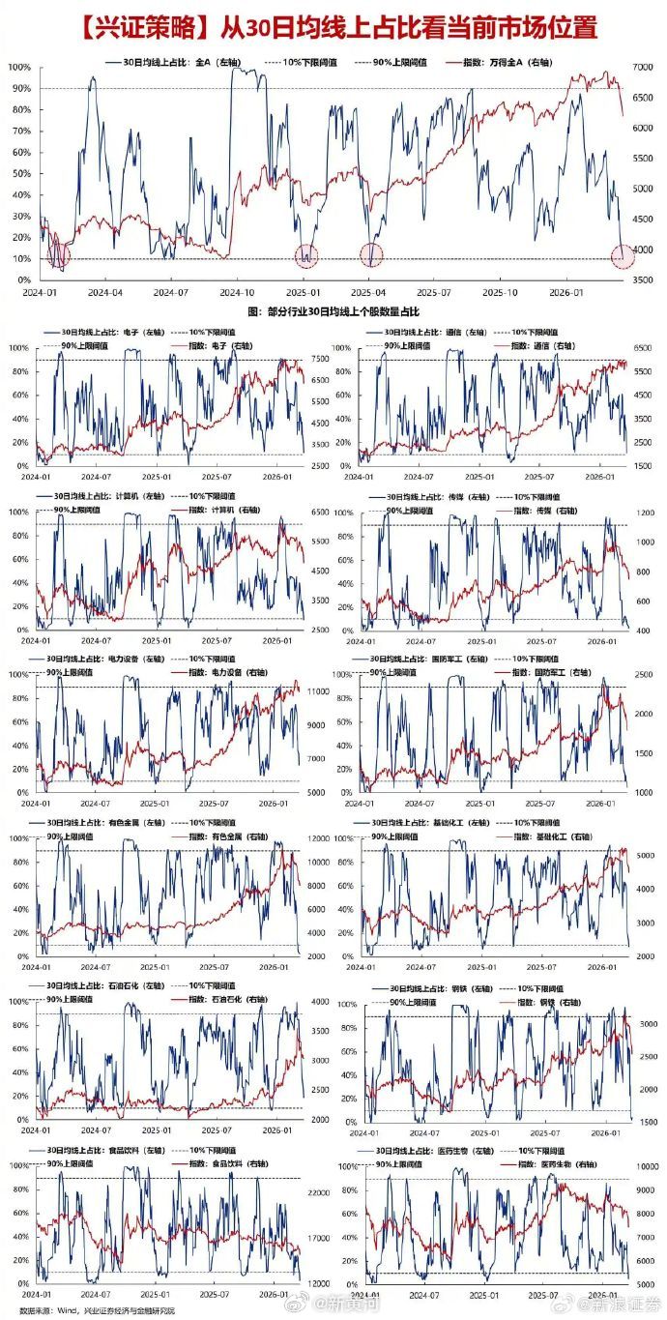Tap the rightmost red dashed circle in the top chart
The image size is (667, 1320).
[623, 256]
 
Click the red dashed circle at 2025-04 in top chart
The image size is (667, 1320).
[372, 255]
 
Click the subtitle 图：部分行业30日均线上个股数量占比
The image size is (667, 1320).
[333, 311]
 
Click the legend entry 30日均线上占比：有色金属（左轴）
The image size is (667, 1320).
[109, 821]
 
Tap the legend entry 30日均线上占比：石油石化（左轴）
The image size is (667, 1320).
[109, 984]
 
